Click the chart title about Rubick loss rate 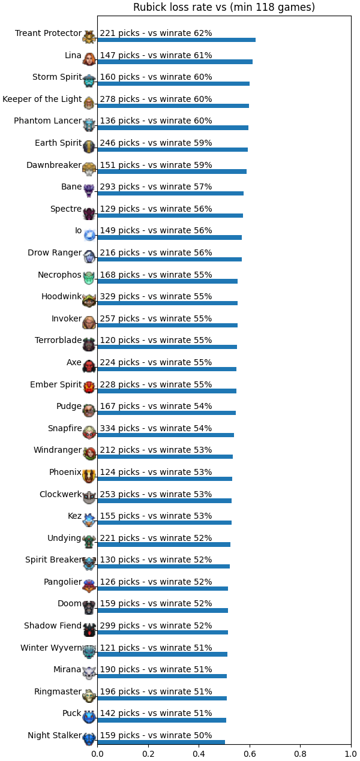point(224,7)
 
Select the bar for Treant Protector point(176,40)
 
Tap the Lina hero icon point(89,59)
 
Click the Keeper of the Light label point(42,99)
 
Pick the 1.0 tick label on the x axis point(351,754)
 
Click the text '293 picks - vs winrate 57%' point(155,187)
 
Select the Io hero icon point(89,234)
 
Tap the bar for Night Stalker point(161,742)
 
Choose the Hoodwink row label point(62,296)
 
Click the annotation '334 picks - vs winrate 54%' point(155,428)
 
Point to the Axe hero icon point(89,366)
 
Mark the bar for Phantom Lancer point(173,128)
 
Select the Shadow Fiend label point(53,625)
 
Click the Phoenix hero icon point(89,476)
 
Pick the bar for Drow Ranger point(170,260)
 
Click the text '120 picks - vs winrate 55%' point(155,340)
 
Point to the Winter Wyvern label point(51,648)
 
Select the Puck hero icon point(89,717)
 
